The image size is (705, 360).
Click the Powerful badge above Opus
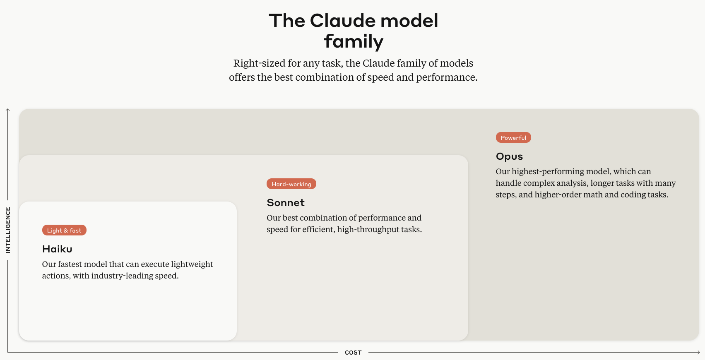coord(513,137)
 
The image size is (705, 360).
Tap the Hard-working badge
coord(291,184)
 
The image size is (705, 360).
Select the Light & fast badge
coord(64,230)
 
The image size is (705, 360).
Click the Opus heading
coord(509,156)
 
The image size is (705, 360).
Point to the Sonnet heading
coord(286,203)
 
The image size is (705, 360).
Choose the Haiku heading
coord(57,249)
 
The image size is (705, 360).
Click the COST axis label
coord(353,353)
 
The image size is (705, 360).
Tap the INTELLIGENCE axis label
coord(8,230)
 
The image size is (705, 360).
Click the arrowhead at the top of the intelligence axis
coord(7,110)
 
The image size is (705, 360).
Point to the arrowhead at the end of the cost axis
coord(699,352)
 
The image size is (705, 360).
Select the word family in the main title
coord(354,42)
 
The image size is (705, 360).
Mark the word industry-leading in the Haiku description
coord(122,276)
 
